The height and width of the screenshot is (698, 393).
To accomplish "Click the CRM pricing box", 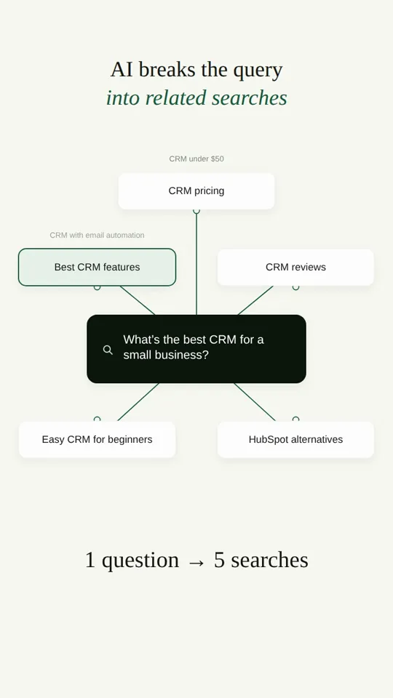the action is pos(196,191).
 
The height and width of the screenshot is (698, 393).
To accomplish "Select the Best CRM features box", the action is pos(97,267).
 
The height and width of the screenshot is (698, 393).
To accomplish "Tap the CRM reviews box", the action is pos(296,267).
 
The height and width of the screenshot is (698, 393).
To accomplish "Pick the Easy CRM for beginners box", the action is pos(97,439).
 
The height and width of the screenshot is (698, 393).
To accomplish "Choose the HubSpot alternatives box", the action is pos(296,439).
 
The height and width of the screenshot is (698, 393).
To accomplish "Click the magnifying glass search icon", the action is pos(108,350).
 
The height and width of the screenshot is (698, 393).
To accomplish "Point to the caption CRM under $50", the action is pos(196,159).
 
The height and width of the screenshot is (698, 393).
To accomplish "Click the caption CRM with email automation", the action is pos(97,235).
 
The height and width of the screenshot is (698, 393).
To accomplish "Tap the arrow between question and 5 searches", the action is pos(196,562).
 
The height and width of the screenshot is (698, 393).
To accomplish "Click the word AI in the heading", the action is pos(122,70).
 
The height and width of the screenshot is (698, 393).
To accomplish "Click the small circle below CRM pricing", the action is pos(196,211).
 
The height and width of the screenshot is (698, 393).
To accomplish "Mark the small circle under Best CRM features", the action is pos(97,288).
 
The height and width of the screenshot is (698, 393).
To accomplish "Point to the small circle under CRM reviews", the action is pos(296,288).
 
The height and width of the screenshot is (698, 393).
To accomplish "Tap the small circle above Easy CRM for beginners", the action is pos(97,419).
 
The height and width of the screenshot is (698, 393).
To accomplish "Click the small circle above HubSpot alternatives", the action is pos(296,419).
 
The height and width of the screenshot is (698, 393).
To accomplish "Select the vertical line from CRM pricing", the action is pos(196,265).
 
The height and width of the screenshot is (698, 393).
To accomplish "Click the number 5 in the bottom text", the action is pos(219,560).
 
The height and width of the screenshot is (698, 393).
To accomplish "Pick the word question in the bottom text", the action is pos(140,561).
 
